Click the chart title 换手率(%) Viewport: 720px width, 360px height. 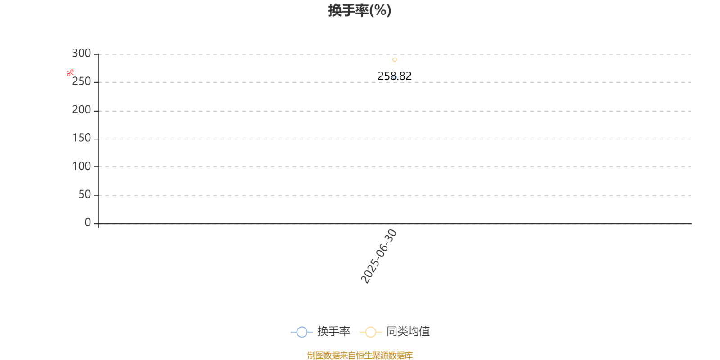click(360, 10)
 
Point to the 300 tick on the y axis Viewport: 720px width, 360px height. click(81, 54)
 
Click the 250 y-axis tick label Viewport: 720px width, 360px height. click(81, 81)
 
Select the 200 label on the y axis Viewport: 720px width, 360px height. click(81, 110)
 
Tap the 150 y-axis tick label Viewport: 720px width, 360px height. click(81, 138)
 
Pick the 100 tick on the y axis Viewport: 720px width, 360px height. click(81, 166)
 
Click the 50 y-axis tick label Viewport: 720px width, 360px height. click(85, 195)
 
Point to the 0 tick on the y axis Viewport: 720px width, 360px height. click(88, 222)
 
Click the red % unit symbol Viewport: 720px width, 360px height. click(70, 73)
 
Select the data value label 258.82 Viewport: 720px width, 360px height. click(394, 76)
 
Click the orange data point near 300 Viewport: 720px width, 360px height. click(395, 60)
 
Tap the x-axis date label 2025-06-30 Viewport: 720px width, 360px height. click(378, 256)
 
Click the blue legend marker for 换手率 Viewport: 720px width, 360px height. click(302, 332)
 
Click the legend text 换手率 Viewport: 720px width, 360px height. click(333, 331)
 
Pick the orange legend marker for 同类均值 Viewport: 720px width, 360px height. click(371, 332)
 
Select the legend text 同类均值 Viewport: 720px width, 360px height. click(408, 331)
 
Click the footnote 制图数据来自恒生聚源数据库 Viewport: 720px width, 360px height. click(360, 355)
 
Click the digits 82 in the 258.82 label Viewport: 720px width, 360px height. click(405, 76)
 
